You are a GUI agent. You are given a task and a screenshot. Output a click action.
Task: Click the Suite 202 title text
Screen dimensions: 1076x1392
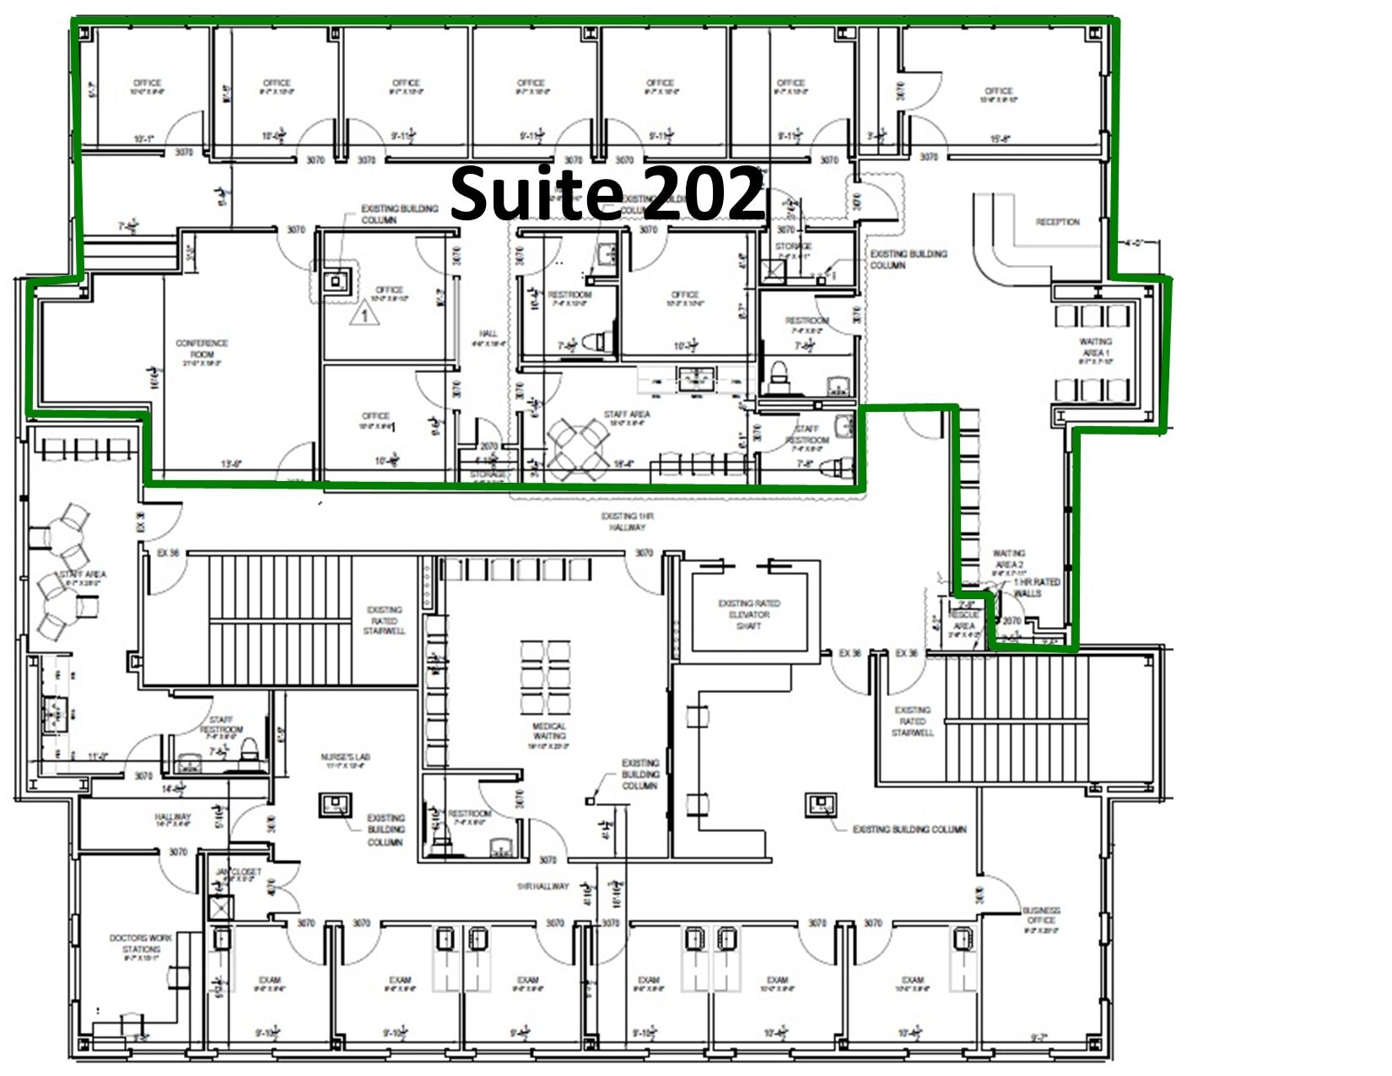click(607, 193)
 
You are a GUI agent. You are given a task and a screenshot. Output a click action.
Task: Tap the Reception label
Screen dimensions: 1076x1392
click(1057, 222)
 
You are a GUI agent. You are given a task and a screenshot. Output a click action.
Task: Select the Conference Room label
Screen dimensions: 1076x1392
click(202, 349)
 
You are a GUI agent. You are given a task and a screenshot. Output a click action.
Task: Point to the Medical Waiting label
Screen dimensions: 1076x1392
click(548, 731)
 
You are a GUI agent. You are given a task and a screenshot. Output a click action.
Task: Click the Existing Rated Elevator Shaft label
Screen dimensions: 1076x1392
click(749, 614)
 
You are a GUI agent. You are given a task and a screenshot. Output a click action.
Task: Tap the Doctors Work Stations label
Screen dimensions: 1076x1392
click(141, 944)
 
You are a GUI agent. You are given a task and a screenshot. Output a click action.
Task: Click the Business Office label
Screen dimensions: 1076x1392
click(1041, 915)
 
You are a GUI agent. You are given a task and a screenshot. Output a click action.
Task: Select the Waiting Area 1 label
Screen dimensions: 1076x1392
click(1095, 347)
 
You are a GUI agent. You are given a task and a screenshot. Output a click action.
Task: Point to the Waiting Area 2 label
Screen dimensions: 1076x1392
click(1009, 559)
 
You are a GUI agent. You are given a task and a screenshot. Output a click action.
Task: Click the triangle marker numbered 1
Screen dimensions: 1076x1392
click(364, 316)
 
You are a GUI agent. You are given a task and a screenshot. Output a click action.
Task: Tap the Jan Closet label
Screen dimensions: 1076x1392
click(239, 872)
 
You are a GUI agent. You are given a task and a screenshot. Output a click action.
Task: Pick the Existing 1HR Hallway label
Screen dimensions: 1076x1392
click(627, 522)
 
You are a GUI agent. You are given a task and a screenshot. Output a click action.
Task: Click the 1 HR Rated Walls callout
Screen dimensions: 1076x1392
click(1036, 587)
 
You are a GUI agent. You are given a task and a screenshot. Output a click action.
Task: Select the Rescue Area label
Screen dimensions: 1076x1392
click(963, 620)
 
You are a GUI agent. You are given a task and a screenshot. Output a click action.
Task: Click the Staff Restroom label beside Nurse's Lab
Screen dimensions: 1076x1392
click(221, 725)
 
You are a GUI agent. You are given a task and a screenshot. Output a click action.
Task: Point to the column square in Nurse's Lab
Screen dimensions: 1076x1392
click(335, 805)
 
